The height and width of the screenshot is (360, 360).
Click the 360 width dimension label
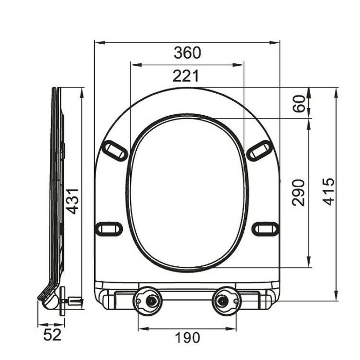[x=187, y=52]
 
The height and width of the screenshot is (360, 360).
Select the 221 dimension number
[x=186, y=76]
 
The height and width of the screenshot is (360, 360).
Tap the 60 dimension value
[x=299, y=103]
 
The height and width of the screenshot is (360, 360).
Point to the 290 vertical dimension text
[x=298, y=193]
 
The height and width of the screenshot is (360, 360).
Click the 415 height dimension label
[x=328, y=191]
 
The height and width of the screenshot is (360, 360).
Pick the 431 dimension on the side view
[x=73, y=201]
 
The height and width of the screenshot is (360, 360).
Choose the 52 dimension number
[x=52, y=334]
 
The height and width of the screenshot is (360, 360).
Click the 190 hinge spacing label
[x=187, y=337]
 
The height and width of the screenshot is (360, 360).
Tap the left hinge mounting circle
[x=148, y=301]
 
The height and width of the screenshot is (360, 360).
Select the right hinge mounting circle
[x=226, y=301]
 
